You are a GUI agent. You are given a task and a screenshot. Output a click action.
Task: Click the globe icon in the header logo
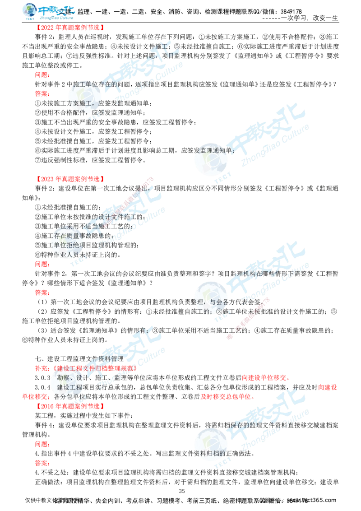(30, 10)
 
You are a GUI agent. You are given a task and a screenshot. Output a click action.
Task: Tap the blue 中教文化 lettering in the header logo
(56, 10)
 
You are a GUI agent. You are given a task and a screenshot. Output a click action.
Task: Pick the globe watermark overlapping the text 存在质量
(63, 242)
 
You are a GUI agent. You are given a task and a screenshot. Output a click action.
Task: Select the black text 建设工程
(72, 388)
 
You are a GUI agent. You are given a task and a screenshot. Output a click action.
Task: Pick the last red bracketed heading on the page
(70, 406)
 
